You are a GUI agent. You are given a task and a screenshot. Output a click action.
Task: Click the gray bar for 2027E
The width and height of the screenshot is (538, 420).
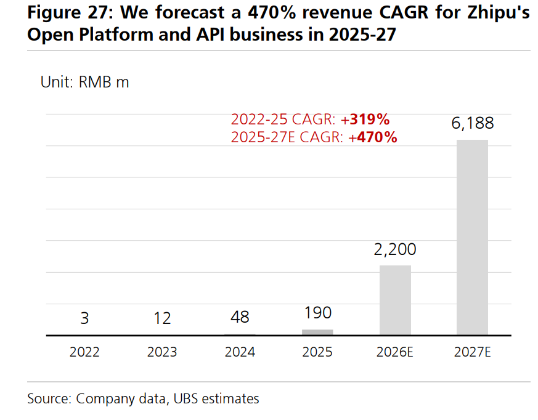click(x=472, y=237)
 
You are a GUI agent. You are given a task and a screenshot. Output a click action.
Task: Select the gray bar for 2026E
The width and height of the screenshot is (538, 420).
click(x=395, y=300)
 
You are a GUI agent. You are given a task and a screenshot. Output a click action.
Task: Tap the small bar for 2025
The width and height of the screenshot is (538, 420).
click(x=317, y=333)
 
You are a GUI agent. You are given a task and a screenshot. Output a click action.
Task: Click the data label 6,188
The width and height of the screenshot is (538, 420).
click(x=473, y=123)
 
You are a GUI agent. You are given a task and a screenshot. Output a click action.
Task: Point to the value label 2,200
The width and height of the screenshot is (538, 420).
click(x=395, y=249)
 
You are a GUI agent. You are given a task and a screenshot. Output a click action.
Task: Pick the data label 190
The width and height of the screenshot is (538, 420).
click(x=317, y=313)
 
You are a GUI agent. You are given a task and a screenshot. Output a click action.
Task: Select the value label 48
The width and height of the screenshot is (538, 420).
click(x=240, y=317)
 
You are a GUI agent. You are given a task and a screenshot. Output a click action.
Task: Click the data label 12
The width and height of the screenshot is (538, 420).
click(x=163, y=318)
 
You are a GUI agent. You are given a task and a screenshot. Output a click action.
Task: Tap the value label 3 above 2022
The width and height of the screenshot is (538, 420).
click(x=84, y=318)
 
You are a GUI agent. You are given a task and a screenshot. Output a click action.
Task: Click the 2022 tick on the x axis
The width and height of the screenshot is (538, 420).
click(x=84, y=352)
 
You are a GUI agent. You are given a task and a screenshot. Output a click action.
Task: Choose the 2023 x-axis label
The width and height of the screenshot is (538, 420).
click(x=162, y=352)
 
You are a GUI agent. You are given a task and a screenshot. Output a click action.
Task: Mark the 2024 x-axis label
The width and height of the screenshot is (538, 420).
click(x=240, y=352)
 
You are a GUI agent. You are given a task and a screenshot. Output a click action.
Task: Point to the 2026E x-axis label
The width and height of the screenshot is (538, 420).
click(x=395, y=352)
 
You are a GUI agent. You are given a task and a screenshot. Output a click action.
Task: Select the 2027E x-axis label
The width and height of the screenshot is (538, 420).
click(x=473, y=352)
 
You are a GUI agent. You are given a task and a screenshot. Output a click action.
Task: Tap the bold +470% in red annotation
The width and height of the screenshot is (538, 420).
click(x=373, y=137)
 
